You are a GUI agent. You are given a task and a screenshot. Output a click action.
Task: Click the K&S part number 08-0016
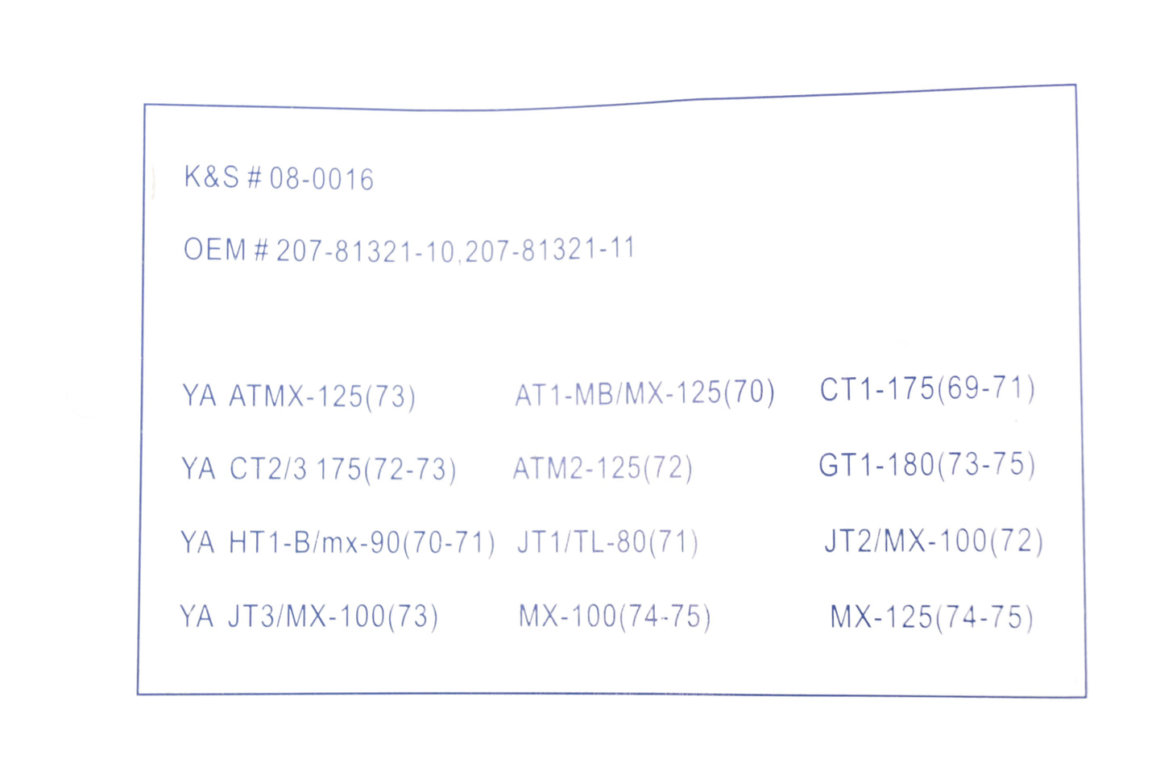point(321,180)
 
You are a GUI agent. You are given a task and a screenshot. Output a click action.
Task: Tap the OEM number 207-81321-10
point(365,251)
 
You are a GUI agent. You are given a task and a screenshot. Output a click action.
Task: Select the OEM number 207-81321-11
point(550,249)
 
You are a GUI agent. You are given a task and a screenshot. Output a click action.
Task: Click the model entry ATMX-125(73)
point(322,396)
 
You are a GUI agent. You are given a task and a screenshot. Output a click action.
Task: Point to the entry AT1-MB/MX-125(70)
point(645,392)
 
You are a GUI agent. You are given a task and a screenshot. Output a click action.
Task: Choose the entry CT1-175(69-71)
point(927,388)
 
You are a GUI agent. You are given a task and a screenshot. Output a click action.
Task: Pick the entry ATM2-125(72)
point(603,468)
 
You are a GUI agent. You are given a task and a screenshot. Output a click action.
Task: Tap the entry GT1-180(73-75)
point(927,464)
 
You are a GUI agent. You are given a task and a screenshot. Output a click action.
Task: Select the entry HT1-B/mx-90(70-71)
point(362,542)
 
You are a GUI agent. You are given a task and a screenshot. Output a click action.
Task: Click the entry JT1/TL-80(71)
point(607,542)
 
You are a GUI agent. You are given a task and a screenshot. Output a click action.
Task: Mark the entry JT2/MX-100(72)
point(934,541)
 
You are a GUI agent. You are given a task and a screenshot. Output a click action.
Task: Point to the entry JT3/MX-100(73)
point(333,616)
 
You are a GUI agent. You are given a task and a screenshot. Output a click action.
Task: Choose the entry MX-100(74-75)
point(615,616)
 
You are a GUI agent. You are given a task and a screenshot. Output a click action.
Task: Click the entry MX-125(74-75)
point(932,617)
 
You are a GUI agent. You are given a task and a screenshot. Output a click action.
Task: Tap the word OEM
point(215,249)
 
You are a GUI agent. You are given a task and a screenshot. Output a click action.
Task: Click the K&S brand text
point(212,176)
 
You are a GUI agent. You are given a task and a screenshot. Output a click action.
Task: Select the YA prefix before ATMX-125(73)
point(199,396)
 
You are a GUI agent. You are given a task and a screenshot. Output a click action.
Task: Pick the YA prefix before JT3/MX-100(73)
point(197,616)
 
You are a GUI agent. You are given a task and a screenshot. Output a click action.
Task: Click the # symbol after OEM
point(261,250)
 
